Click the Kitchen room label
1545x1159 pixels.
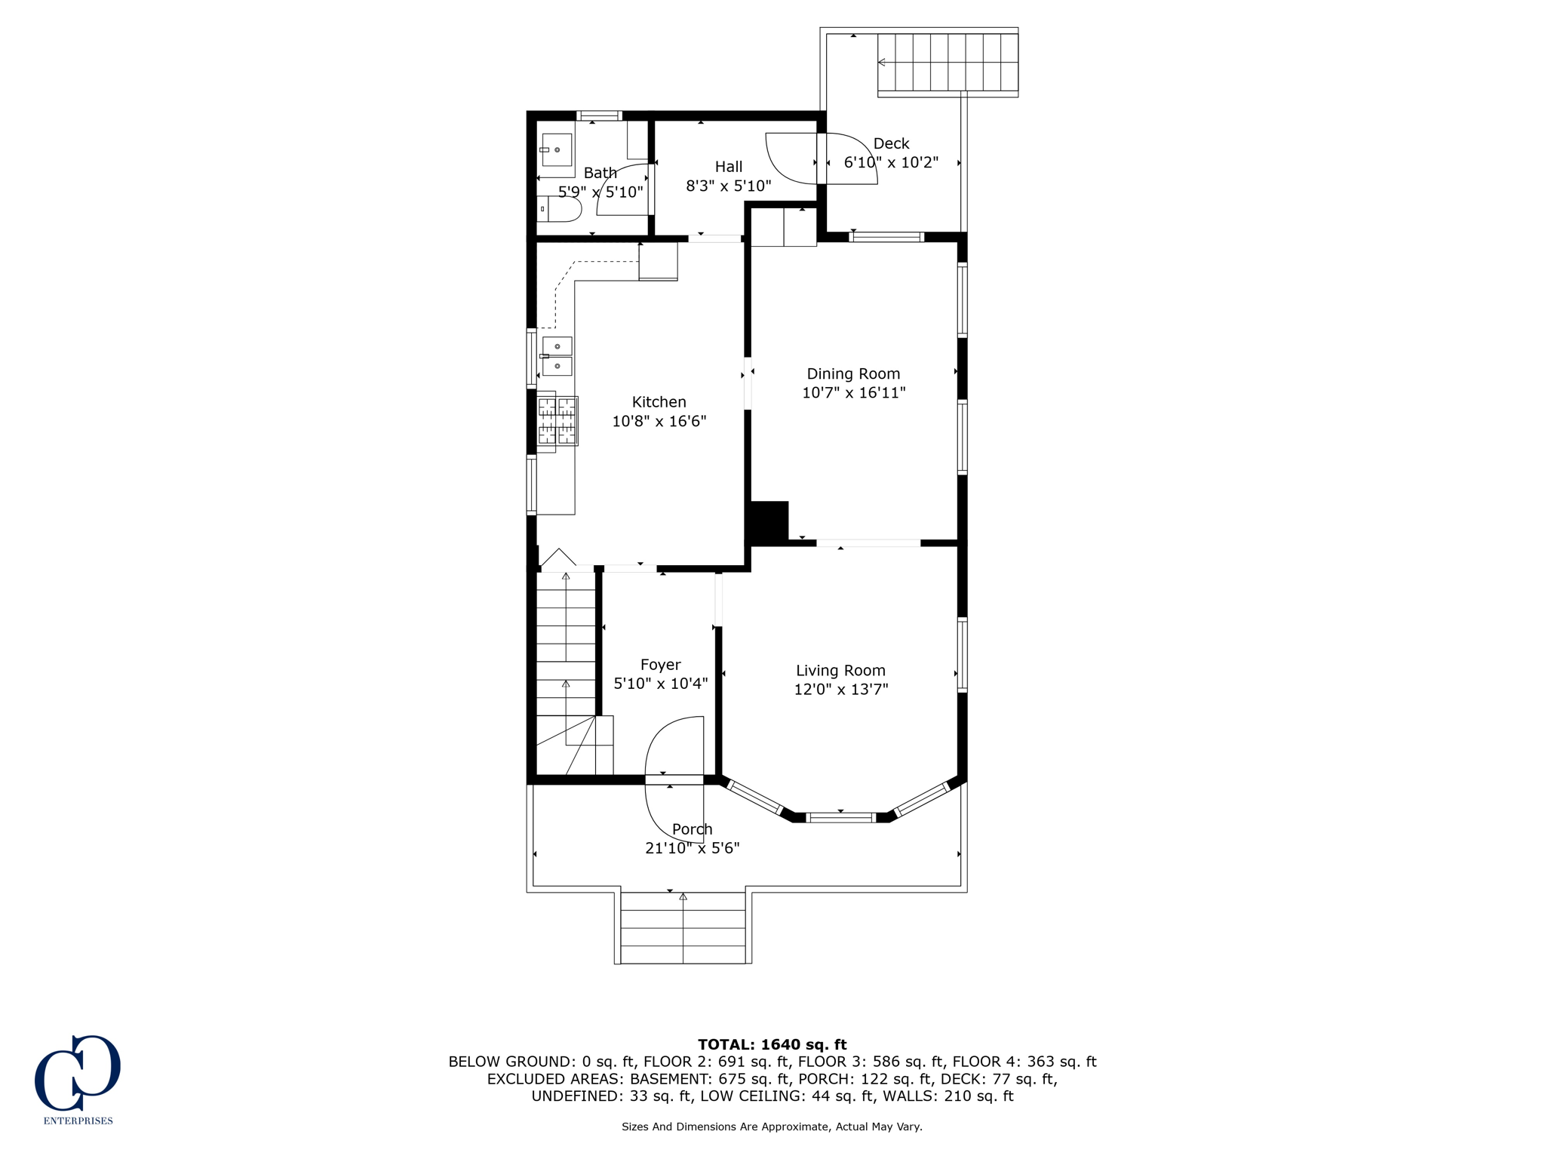[x=659, y=401]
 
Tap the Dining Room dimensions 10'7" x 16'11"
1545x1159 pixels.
[x=853, y=392]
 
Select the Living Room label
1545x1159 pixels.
[x=840, y=670]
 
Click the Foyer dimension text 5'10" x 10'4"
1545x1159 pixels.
[x=660, y=684]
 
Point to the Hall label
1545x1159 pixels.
[x=728, y=167]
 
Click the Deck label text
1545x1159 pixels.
[x=891, y=143]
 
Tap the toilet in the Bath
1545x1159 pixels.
[x=561, y=209]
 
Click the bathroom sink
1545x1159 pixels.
[x=557, y=150]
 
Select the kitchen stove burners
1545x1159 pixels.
[x=557, y=421]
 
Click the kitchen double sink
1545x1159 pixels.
[x=557, y=356]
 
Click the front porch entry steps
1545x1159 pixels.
[x=683, y=927]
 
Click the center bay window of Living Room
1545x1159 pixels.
[x=840, y=817]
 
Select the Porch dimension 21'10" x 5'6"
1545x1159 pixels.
[x=692, y=848]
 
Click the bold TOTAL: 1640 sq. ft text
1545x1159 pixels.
[x=772, y=1044]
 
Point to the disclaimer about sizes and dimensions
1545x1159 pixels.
[x=772, y=1127]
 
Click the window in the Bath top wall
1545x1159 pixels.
[x=600, y=116]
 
